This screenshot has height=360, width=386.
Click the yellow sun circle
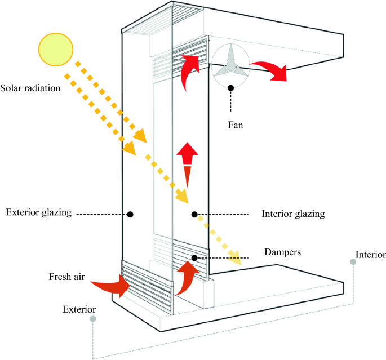(55, 48)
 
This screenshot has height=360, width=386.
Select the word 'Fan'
(235, 125)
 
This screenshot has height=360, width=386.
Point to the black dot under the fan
(230, 88)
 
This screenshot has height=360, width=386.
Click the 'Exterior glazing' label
(39, 212)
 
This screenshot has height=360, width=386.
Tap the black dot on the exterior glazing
(130, 214)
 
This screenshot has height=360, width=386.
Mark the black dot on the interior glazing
(194, 214)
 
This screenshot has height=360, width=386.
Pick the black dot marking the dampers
(194, 258)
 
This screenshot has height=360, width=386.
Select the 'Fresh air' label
(66, 278)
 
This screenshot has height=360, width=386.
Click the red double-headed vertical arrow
(187, 164)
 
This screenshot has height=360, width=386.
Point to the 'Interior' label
(371, 254)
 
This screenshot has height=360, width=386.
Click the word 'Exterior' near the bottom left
(79, 309)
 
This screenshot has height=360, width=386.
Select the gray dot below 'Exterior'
(92, 319)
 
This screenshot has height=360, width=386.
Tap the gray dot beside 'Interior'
(353, 262)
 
